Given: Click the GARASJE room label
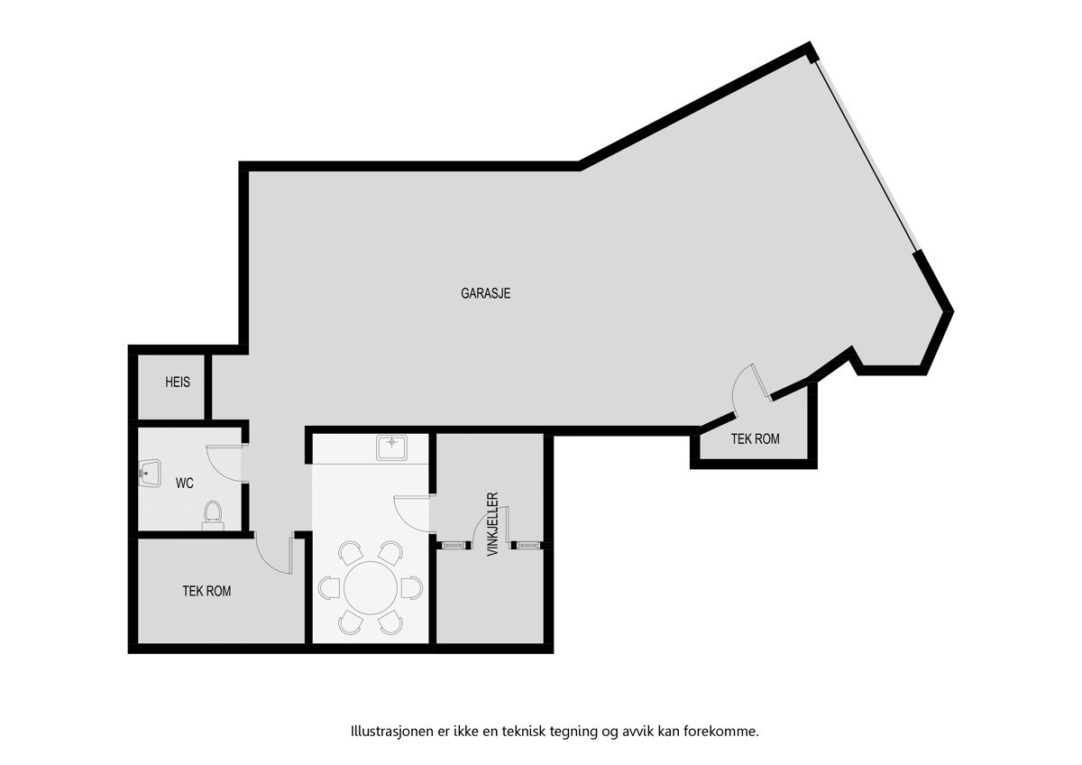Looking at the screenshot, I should tap(486, 293).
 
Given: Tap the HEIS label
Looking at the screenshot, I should tap(178, 382).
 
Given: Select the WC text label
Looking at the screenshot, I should tap(185, 484).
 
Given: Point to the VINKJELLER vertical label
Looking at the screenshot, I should tap(492, 523).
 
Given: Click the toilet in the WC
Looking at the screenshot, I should tap(214, 515).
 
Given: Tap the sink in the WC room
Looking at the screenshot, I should tap(150, 472).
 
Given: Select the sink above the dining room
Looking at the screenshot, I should tap(391, 447).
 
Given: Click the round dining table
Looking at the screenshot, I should tap(371, 588).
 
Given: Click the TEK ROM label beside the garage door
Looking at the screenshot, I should tap(755, 439).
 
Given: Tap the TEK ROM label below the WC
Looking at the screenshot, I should tap(206, 592).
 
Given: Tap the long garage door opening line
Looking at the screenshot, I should tap(866, 153).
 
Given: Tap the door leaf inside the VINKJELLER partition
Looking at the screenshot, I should tap(508, 528).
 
